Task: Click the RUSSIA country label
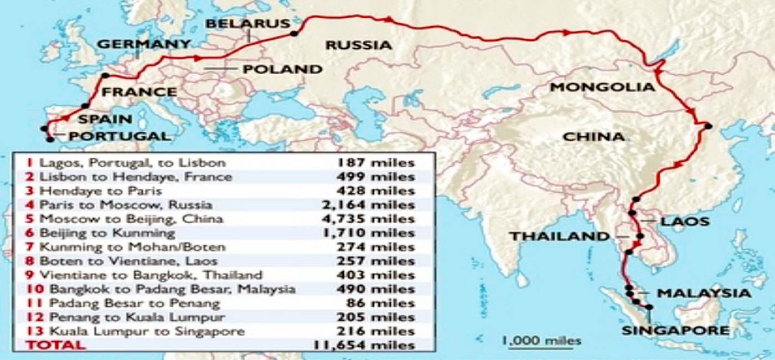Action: click(358, 45)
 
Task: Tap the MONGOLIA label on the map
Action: click(602, 87)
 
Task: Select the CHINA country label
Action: click(593, 136)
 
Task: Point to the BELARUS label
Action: click(247, 23)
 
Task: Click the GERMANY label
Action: click(144, 44)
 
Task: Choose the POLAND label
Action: click(282, 69)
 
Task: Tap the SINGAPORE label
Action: click(675, 331)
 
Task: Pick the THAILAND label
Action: click(560, 236)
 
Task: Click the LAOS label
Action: click(685, 222)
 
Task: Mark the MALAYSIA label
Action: click(704, 293)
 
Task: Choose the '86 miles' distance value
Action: click(383, 303)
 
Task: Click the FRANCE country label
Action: click(138, 91)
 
